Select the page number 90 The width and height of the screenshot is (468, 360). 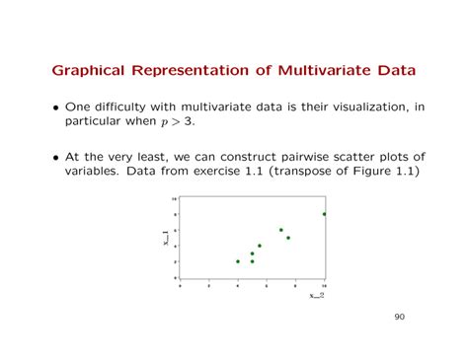click(x=399, y=317)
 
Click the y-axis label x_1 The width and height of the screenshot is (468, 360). click(x=167, y=239)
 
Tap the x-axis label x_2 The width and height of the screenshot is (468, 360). click(x=316, y=295)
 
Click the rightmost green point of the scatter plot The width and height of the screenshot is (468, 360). click(x=324, y=213)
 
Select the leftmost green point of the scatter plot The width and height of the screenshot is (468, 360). click(x=238, y=261)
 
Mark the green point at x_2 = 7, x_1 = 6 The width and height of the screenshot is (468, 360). click(x=280, y=230)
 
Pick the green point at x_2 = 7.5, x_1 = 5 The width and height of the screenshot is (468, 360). click(x=288, y=238)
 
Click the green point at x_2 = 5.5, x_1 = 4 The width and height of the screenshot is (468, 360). click(x=260, y=246)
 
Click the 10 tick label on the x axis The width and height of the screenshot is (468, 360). click(x=324, y=285)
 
